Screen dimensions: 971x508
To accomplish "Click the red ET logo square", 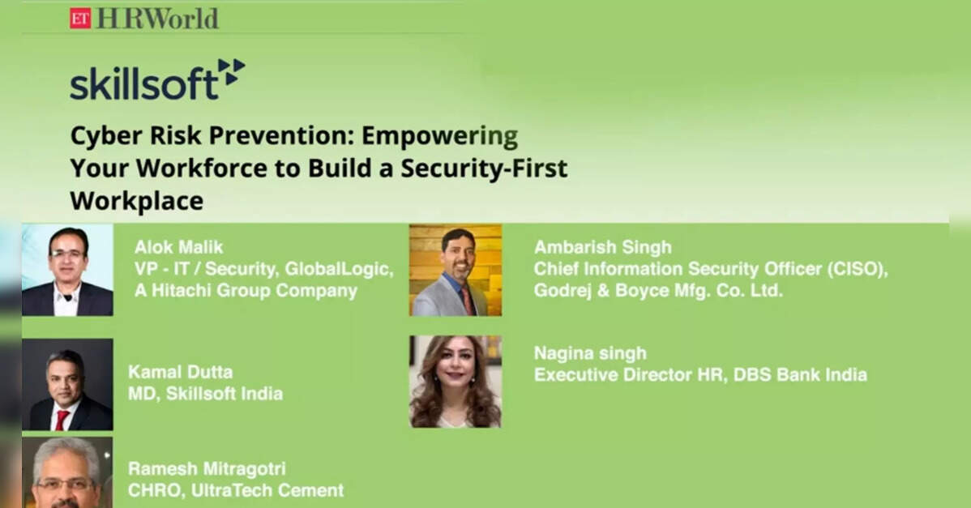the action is [x=80, y=18].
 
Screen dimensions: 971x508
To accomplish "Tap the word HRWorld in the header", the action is [x=158, y=19].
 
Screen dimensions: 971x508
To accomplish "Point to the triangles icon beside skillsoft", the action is [x=232, y=72].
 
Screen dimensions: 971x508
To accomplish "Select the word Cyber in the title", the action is [x=106, y=136].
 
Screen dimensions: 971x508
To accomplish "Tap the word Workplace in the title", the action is [x=137, y=200].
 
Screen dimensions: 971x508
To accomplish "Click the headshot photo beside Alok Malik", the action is [x=67, y=270].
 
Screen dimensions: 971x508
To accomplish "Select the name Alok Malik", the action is [x=178, y=247].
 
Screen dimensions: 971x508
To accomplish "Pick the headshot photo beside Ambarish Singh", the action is [x=456, y=271].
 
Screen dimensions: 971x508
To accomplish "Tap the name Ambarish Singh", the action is [x=602, y=247].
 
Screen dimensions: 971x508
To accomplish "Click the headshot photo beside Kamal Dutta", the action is [x=67, y=384].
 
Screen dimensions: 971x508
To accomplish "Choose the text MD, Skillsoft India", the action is [x=205, y=394].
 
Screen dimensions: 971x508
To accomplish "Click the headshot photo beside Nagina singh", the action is [x=456, y=382].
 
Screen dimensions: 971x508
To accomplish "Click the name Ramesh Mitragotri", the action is [x=207, y=468].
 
